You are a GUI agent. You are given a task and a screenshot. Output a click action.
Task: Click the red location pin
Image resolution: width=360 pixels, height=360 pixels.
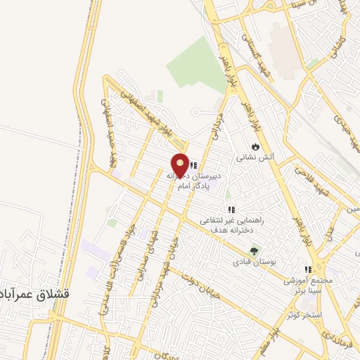[181, 165]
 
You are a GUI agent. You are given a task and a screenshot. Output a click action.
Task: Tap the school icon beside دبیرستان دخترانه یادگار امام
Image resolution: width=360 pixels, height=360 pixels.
[193, 166]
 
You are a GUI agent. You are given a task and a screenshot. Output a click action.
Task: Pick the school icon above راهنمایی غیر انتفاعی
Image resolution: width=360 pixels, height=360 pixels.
[231, 210]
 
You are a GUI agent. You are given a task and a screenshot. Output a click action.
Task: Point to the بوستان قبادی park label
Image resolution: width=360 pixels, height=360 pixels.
[254, 262]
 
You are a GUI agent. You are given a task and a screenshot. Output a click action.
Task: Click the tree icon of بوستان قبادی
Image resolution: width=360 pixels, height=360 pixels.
[254, 250]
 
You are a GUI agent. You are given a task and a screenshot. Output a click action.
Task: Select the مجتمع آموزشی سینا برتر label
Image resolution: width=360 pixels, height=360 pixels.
[307, 284]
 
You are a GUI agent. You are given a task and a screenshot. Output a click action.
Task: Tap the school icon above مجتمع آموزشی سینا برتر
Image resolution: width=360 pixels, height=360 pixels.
[307, 269]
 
